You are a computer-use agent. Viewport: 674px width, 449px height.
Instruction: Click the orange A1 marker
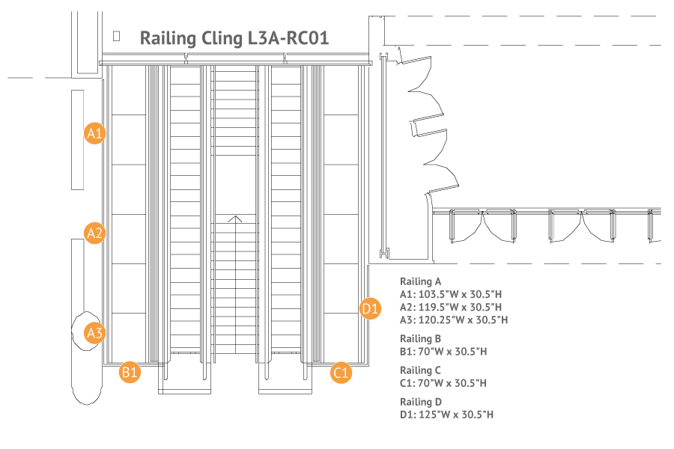pos(94,133)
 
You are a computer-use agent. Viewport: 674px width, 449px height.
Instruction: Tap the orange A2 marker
pos(94,233)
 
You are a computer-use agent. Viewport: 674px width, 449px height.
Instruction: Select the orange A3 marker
pos(94,333)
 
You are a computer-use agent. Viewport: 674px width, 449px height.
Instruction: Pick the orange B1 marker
pos(130,372)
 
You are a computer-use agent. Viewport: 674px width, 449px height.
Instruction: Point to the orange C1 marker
pos(341,372)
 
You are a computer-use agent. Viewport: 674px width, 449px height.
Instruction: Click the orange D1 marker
pos(370,308)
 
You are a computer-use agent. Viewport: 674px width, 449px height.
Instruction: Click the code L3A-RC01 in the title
pos(288,38)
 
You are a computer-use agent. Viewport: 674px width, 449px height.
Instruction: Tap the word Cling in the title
pos(222,39)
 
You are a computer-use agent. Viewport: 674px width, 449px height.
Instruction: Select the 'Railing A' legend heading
pos(420,281)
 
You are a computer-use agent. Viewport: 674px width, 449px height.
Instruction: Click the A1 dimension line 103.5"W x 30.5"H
pos(451,294)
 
